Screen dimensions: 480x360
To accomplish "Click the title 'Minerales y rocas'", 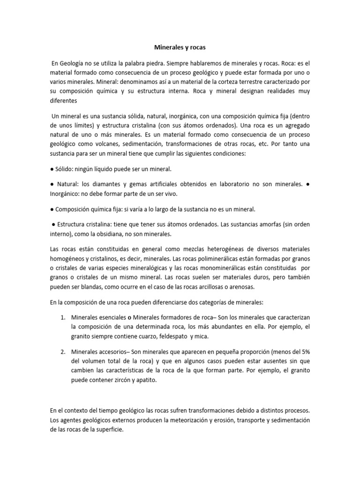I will [180, 48].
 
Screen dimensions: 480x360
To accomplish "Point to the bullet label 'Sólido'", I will [65, 169].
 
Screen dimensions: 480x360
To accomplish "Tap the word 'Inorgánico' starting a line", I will [66, 194].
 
